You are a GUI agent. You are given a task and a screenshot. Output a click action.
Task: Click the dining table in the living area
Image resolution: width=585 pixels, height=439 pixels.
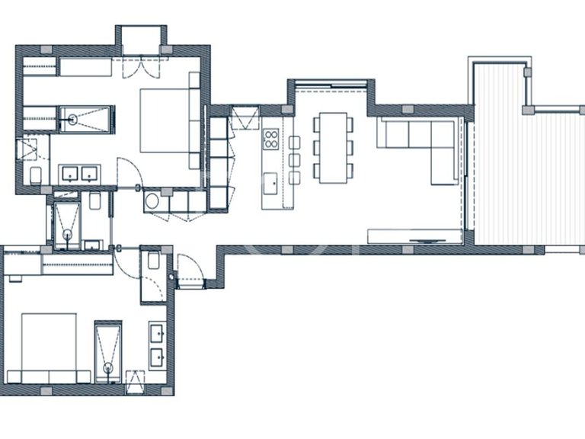pos(332,146)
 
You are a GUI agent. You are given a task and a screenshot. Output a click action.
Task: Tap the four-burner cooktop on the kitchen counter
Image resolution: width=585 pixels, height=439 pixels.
pos(271,139)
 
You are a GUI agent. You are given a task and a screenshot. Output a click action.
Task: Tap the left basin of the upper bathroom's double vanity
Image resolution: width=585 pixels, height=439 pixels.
pos(70,172)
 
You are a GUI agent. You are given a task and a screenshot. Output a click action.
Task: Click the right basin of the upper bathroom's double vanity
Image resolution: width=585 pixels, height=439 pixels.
pos(90,172)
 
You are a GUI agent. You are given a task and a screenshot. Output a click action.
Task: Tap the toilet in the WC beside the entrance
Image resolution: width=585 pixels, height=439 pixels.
pos(151,261)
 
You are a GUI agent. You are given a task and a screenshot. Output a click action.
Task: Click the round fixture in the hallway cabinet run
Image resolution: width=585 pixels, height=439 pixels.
pos(152,201)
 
